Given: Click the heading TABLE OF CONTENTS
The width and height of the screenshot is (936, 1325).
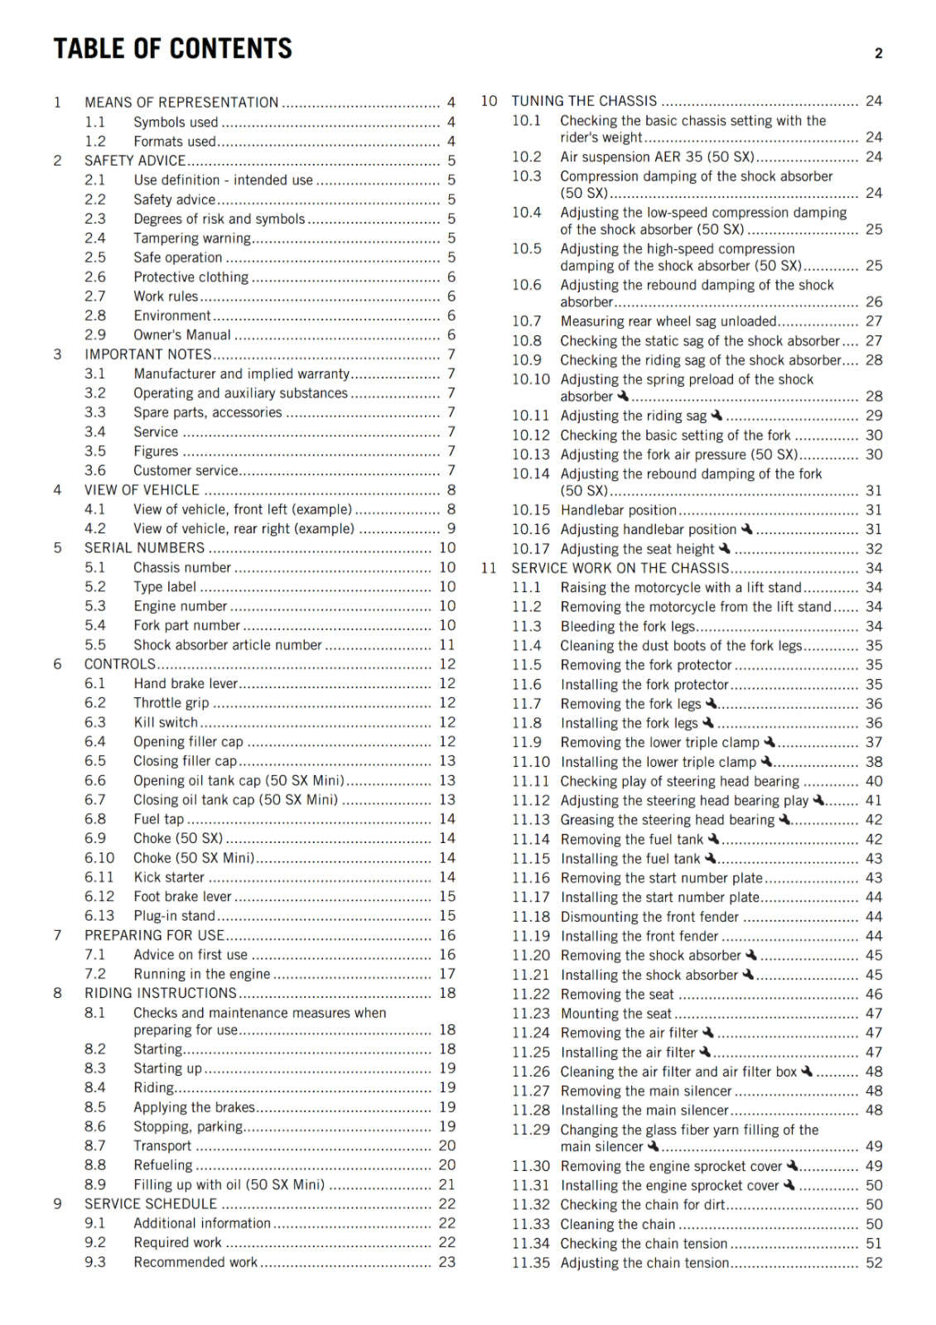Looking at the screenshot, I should (172, 49).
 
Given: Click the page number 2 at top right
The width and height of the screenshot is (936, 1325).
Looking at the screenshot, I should (878, 54).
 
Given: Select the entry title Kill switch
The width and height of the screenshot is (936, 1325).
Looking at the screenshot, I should (166, 722).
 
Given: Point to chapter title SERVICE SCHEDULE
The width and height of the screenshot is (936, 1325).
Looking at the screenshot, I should (151, 1203).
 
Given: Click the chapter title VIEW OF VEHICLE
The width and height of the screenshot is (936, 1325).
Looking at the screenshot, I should (142, 490).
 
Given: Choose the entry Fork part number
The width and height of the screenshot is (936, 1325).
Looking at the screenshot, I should (186, 625).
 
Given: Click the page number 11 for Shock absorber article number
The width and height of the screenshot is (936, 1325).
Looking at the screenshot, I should (447, 644).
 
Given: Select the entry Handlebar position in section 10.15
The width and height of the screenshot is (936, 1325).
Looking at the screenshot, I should (619, 510).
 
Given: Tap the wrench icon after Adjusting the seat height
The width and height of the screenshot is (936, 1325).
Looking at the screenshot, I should (725, 548).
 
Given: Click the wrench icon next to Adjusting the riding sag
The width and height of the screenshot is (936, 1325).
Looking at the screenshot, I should (717, 415).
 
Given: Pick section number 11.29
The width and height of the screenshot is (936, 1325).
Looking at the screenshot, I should (530, 1130).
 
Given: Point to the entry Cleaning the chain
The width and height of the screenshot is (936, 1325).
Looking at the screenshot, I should (618, 1224).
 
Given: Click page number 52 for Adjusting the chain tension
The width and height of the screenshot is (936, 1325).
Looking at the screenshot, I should (874, 1263).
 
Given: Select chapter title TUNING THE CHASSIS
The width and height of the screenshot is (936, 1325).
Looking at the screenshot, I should (584, 101).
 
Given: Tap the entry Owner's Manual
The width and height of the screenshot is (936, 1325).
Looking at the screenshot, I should (182, 335).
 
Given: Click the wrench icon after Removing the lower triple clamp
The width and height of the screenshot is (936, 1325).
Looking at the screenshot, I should (770, 742).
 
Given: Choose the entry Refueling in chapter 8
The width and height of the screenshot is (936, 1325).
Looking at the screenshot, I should (163, 1164).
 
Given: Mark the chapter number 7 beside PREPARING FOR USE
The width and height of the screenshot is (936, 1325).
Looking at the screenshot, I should (57, 935).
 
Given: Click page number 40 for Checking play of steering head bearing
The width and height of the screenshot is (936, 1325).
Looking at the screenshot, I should (874, 781).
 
